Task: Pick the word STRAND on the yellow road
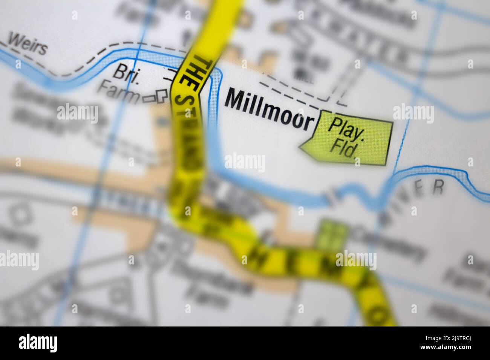coord(187,124)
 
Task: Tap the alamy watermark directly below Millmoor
coord(245,162)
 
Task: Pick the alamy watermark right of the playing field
coord(413,113)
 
